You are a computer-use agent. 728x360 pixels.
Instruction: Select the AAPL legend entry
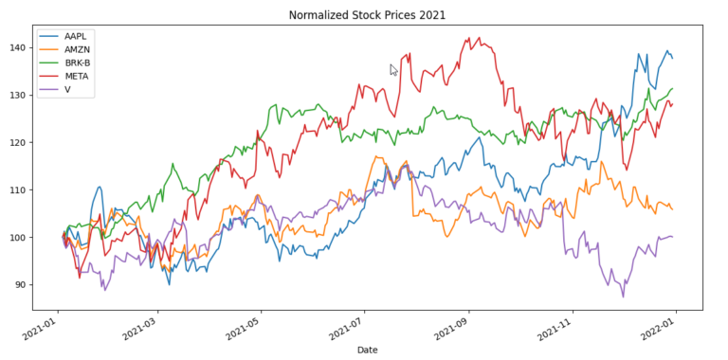(72, 37)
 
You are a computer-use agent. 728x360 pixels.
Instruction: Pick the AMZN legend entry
(73, 50)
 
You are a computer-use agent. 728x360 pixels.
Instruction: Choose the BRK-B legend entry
(74, 63)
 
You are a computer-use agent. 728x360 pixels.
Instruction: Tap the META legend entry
(73, 77)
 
